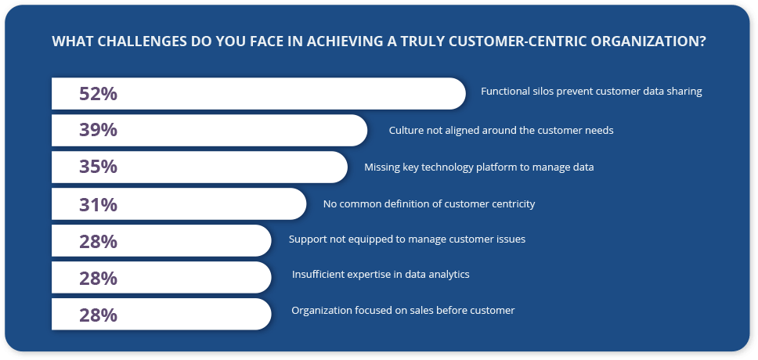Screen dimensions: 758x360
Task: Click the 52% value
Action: point(98,94)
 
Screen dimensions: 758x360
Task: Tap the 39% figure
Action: point(98,130)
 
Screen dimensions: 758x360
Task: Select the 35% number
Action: point(98,167)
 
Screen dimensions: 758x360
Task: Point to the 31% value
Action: point(98,204)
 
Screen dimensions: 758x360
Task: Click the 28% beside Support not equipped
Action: point(98,241)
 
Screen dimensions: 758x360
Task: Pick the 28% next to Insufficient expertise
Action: point(98,279)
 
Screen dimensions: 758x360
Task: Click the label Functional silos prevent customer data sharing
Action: point(591,92)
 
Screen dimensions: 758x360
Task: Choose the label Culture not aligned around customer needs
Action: point(501,130)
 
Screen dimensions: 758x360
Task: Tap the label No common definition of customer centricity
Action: point(429,204)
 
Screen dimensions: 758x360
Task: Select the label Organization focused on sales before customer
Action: point(403,310)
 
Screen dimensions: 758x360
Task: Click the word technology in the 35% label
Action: point(442,167)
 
